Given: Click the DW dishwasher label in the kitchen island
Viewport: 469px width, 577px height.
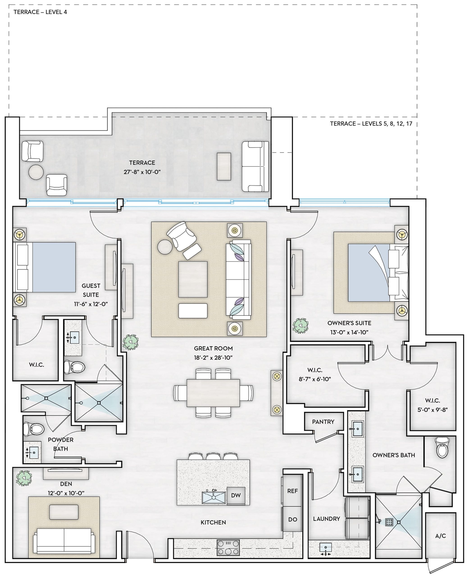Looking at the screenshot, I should click(236, 495).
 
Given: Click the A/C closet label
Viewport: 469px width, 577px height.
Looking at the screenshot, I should click(440, 536).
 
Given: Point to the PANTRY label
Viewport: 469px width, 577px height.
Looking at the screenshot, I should click(323, 422).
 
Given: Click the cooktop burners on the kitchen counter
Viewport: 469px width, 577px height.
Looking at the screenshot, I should click(228, 547).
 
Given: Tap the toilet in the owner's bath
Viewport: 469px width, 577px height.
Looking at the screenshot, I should click(442, 448).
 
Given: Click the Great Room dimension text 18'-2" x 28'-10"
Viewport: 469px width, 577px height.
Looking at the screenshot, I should click(213, 357).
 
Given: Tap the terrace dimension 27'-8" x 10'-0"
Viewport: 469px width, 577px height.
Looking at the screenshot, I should click(142, 172).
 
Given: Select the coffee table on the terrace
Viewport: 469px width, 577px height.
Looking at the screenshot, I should click(224, 167).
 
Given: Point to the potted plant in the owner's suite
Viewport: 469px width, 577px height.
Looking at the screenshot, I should click(301, 326).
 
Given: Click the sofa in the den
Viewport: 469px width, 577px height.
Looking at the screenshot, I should click(64, 540).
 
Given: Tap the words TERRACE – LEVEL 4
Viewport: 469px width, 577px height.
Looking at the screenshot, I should click(40, 12).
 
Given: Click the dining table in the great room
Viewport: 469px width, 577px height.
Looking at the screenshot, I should click(213, 393).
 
